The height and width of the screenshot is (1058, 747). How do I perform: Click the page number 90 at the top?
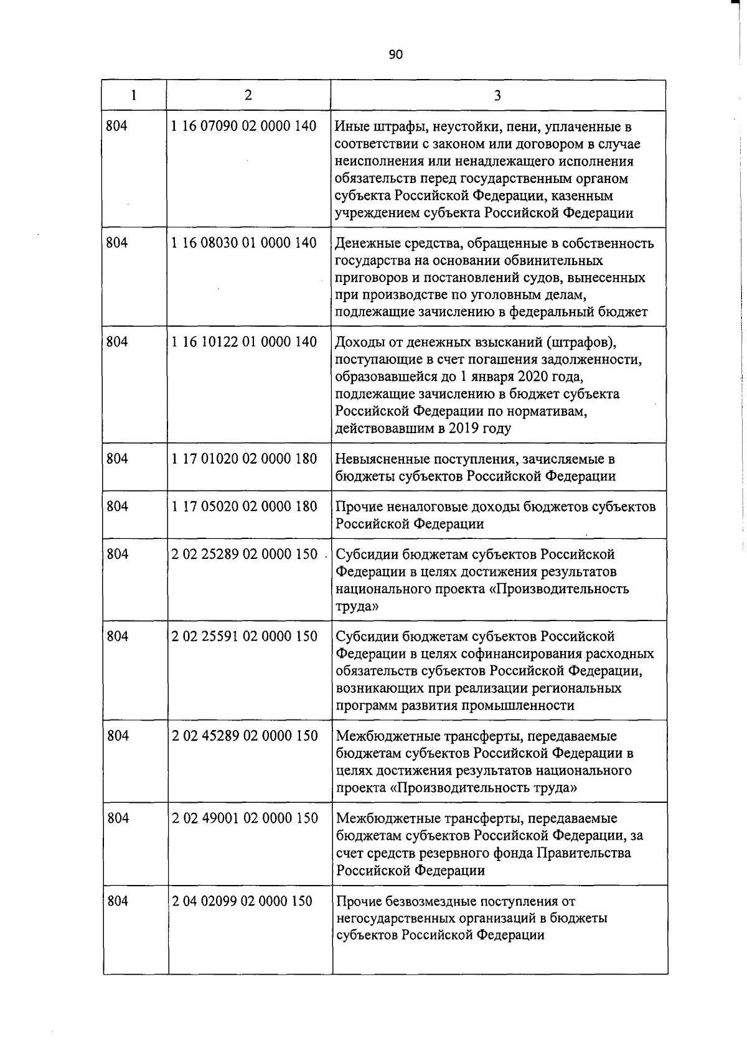(396, 55)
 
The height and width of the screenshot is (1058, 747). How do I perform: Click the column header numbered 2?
(248, 95)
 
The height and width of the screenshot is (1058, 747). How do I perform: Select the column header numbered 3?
(497, 95)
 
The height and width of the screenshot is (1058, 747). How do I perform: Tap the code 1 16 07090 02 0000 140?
(244, 126)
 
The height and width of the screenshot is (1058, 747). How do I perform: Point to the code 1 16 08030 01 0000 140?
(244, 243)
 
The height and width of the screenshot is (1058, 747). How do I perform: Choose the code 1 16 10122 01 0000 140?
(244, 342)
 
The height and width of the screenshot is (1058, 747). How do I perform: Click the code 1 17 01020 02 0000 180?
(244, 459)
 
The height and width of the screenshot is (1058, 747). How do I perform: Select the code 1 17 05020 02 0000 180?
(244, 507)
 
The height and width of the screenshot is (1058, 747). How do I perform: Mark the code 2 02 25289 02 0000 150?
(244, 554)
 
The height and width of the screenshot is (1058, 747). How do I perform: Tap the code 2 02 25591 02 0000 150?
(244, 636)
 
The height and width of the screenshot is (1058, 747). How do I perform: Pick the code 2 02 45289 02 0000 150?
(244, 736)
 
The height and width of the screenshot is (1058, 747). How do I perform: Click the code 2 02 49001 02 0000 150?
(244, 818)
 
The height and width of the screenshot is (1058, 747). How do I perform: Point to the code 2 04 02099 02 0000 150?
(242, 901)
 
